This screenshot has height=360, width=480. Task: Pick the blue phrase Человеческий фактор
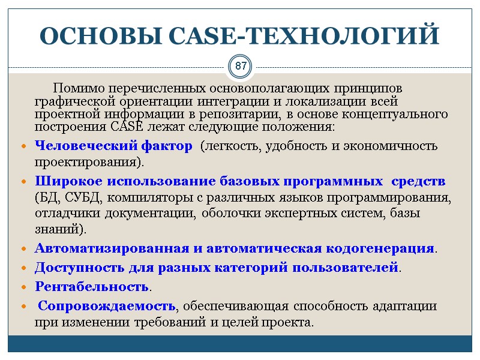(x=113, y=146)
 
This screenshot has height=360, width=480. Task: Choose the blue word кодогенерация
(x=380, y=248)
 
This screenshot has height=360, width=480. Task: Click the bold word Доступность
(x=79, y=266)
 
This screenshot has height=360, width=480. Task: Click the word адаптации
(x=405, y=306)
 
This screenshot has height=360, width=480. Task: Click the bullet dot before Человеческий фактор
(x=23, y=146)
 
